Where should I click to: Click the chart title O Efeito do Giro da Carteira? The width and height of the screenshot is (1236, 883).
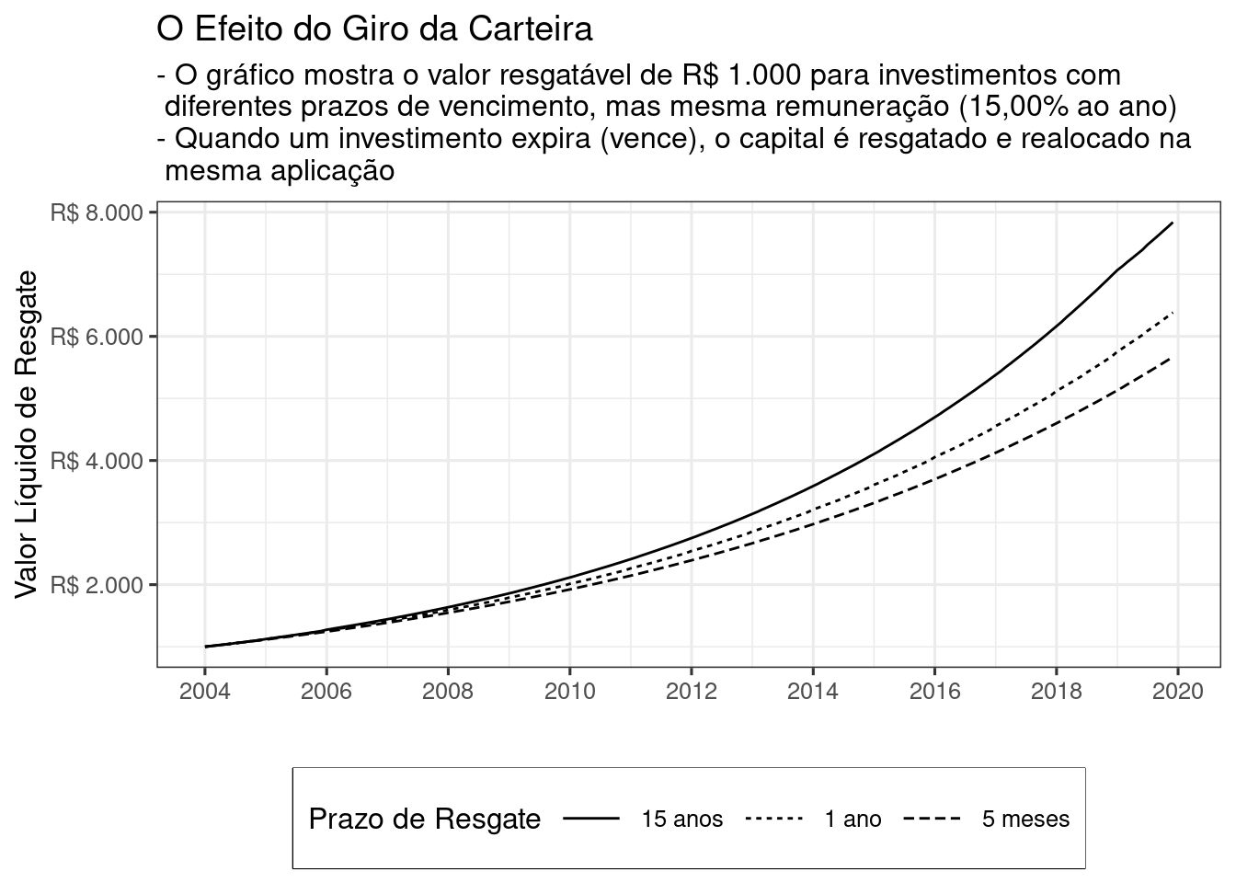374,29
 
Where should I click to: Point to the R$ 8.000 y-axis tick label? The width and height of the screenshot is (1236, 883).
97,212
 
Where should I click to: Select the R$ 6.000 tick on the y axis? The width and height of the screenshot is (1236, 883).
97,337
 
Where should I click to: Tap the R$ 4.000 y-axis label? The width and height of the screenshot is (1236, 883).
97,461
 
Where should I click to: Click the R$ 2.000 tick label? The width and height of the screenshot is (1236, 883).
97,585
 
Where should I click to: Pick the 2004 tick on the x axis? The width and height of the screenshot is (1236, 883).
205,691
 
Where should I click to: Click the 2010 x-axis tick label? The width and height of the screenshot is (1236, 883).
569,691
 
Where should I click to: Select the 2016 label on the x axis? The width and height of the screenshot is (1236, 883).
934,691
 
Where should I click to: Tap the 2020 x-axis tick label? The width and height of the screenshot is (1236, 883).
1177,691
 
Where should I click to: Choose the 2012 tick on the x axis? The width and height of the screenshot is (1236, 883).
692,691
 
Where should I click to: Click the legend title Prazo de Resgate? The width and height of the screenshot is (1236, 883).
424,819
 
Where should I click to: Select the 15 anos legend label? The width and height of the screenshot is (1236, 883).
682,819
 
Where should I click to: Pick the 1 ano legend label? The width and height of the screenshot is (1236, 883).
853,819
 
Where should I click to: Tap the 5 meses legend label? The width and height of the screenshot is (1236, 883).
1025,819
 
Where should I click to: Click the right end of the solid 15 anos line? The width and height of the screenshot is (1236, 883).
1172,224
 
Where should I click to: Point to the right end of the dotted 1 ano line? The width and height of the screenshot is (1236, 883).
1172,314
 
